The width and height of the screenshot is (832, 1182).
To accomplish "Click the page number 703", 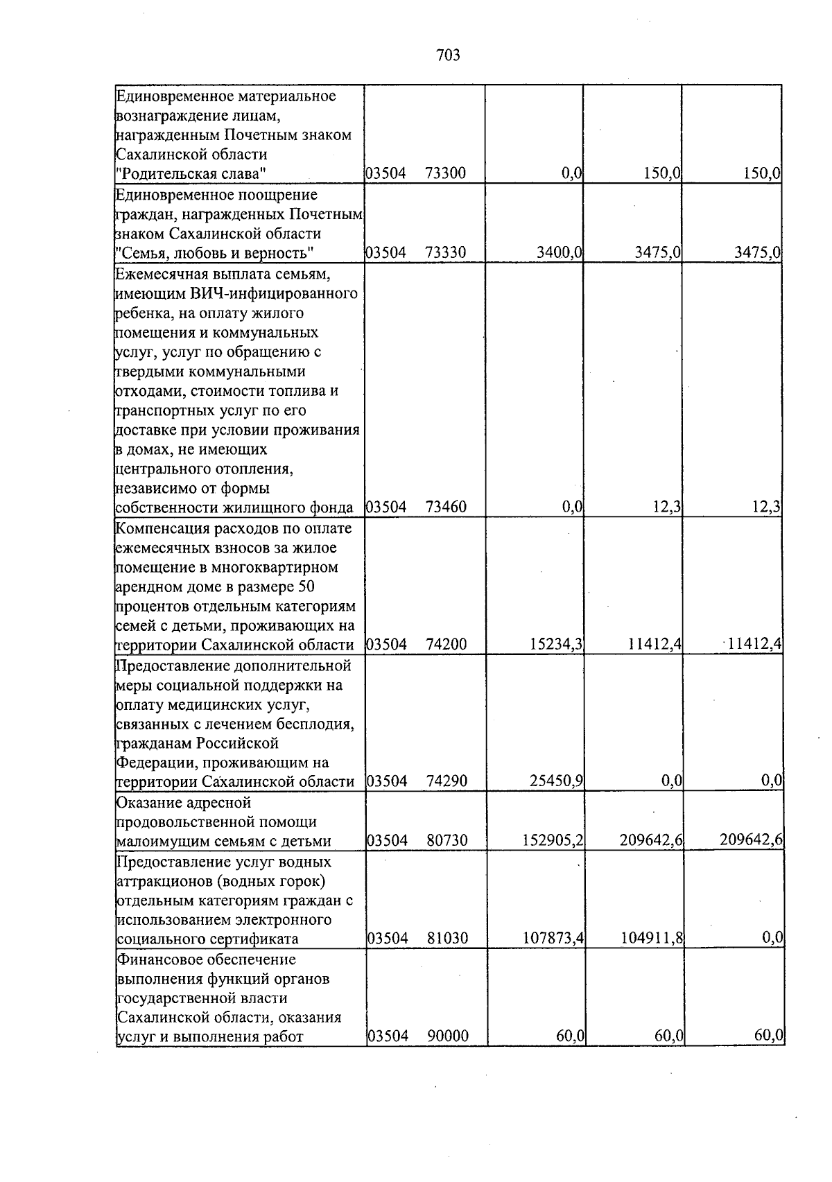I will (x=449, y=55).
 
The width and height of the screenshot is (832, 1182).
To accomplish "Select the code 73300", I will (x=446, y=174).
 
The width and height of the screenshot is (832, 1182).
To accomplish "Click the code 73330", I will (x=446, y=253).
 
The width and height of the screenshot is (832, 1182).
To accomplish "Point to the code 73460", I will (x=446, y=507).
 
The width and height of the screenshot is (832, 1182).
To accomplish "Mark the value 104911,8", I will (x=652, y=939).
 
